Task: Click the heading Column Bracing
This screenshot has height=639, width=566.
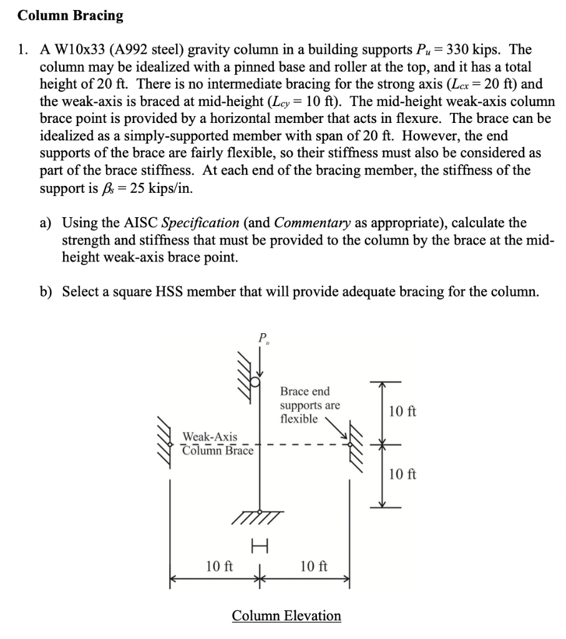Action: click(x=70, y=16)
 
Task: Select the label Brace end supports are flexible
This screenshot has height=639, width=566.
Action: click(x=310, y=405)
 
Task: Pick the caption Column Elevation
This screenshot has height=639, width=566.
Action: click(x=286, y=616)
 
